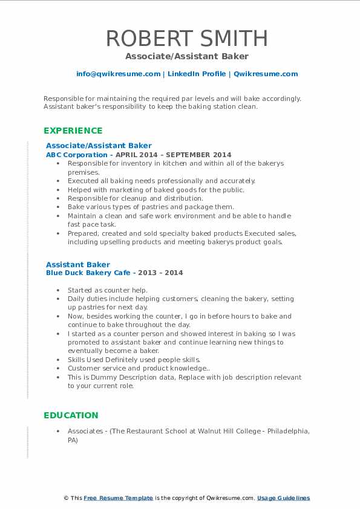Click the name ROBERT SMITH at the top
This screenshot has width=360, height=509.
(x=187, y=38)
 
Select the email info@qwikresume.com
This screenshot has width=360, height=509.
(x=118, y=74)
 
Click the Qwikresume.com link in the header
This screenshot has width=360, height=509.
(x=266, y=74)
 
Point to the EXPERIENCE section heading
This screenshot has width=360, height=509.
(x=73, y=131)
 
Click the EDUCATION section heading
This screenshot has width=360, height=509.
(x=71, y=415)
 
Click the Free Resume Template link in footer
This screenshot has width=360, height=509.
(x=119, y=498)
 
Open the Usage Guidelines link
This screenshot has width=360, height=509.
(x=283, y=498)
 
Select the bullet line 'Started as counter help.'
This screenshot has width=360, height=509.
(x=108, y=290)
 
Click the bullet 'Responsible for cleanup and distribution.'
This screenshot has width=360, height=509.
(x=136, y=198)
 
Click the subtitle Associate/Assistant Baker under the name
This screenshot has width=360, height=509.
(x=187, y=56)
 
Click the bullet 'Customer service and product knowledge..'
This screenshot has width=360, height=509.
(x=138, y=368)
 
